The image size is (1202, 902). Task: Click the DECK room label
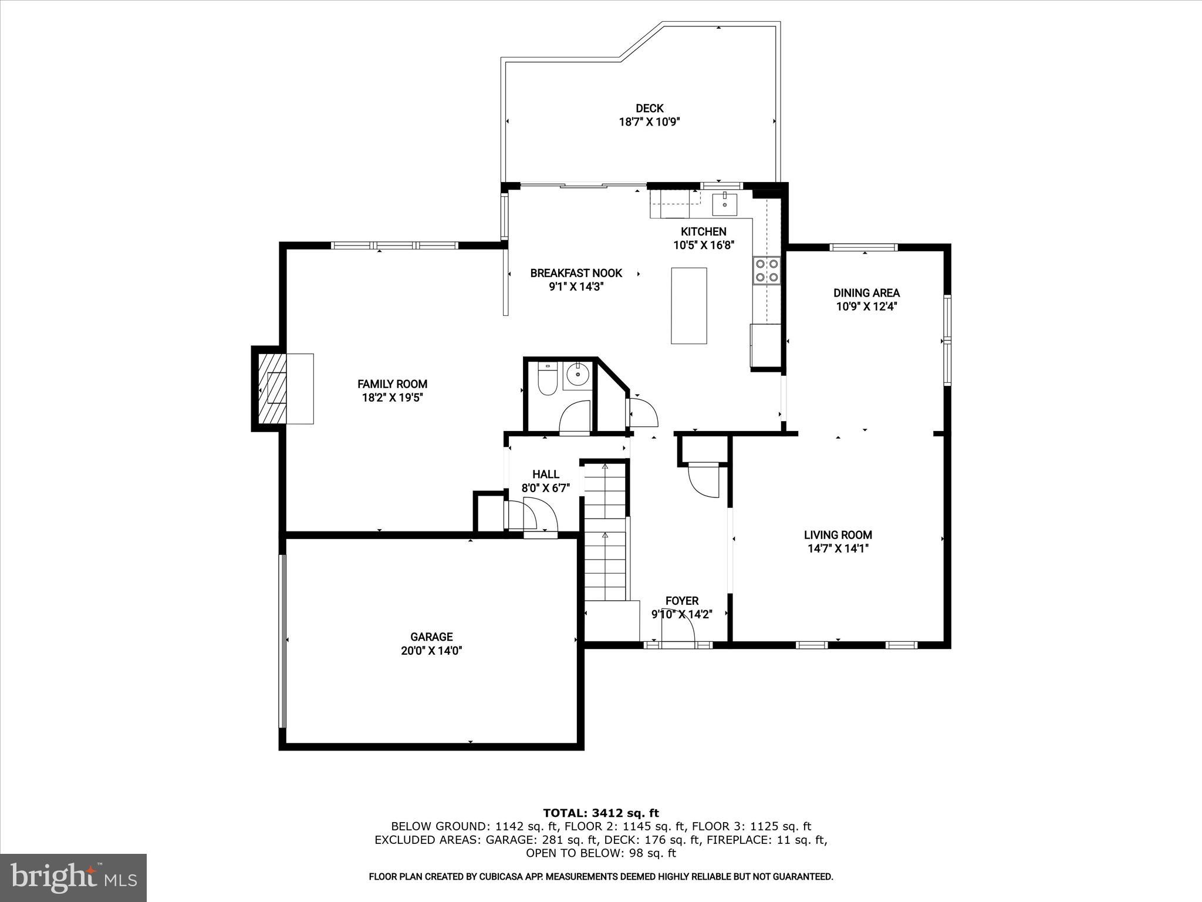point(649,108)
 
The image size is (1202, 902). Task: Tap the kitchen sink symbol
point(725,204)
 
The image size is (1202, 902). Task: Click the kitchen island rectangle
point(689,305)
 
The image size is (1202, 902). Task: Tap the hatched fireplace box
point(272,388)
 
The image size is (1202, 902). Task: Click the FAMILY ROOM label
point(392,384)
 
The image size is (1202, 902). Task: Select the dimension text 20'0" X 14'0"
point(431,651)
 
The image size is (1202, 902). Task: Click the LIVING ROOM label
point(838,535)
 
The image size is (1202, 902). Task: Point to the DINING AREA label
point(866,292)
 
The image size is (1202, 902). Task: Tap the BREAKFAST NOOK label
point(576,273)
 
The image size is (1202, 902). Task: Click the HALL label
point(545,474)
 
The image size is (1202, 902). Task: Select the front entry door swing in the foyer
point(678,631)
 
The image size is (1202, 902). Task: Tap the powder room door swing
point(575,418)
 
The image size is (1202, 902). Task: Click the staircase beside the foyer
point(605,531)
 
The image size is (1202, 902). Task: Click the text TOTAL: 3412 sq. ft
point(600,813)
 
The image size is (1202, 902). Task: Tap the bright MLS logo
point(73,877)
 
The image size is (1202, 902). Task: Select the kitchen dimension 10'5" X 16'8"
point(704,245)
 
